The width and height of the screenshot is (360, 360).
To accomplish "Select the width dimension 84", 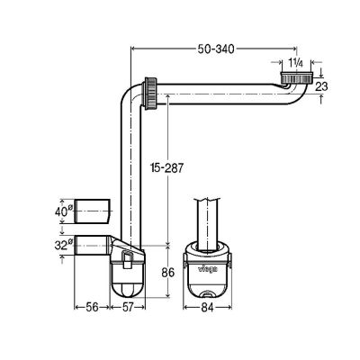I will coord(208,308).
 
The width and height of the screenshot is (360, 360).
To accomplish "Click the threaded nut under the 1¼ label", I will coord(294,77).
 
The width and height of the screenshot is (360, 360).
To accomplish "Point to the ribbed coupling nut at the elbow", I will coord(152,93).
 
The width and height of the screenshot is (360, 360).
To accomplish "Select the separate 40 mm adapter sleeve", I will coord(93,212).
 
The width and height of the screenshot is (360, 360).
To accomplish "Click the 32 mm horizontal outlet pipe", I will coord(90,244).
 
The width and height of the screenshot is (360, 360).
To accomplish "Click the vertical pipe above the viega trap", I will coord(208,216).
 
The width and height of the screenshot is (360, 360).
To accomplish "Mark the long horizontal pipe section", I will coord(225,93).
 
